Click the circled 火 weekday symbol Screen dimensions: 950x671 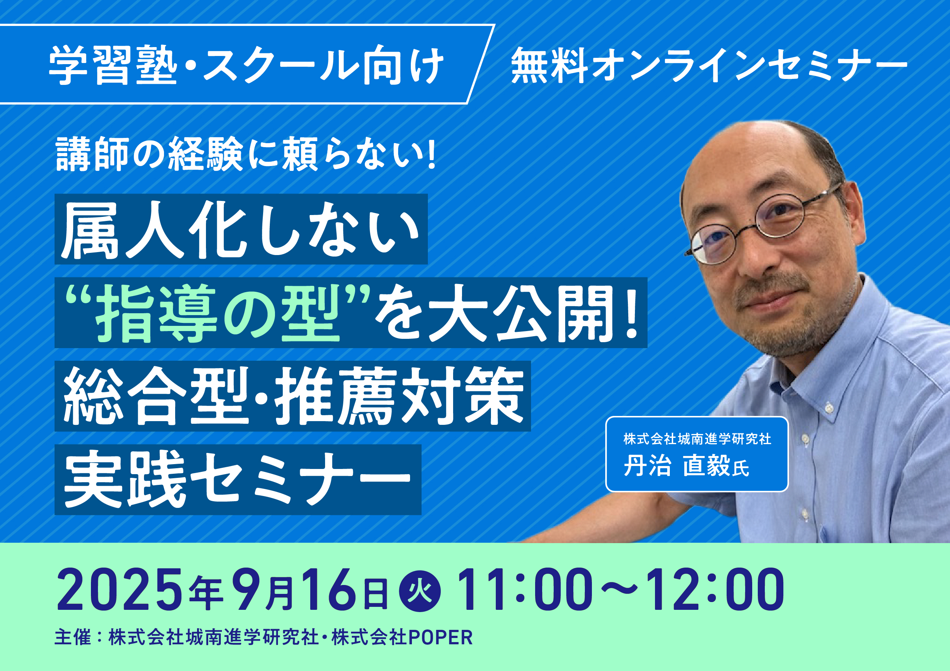[420, 591]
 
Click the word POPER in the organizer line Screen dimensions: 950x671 [440, 637]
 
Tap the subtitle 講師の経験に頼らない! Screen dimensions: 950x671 [246, 154]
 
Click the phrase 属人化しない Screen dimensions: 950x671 [240, 230]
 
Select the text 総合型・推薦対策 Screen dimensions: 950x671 [294, 396]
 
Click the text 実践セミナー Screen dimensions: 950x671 [237, 480]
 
